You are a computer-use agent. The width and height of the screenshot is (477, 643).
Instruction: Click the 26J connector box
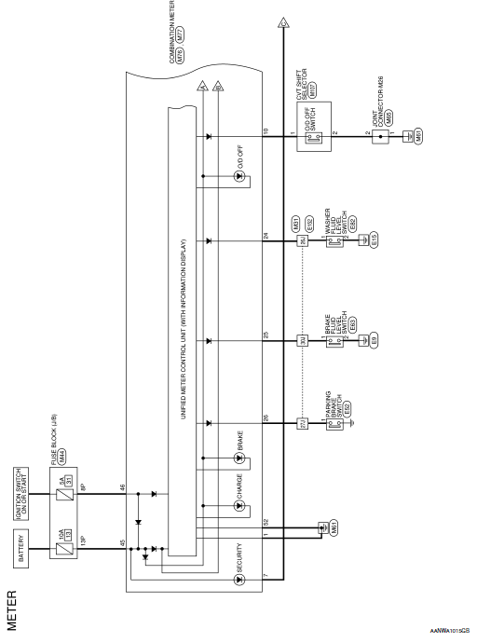pyautogui.click(x=302, y=241)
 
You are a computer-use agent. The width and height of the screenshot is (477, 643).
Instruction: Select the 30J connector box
pyautogui.click(x=302, y=340)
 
